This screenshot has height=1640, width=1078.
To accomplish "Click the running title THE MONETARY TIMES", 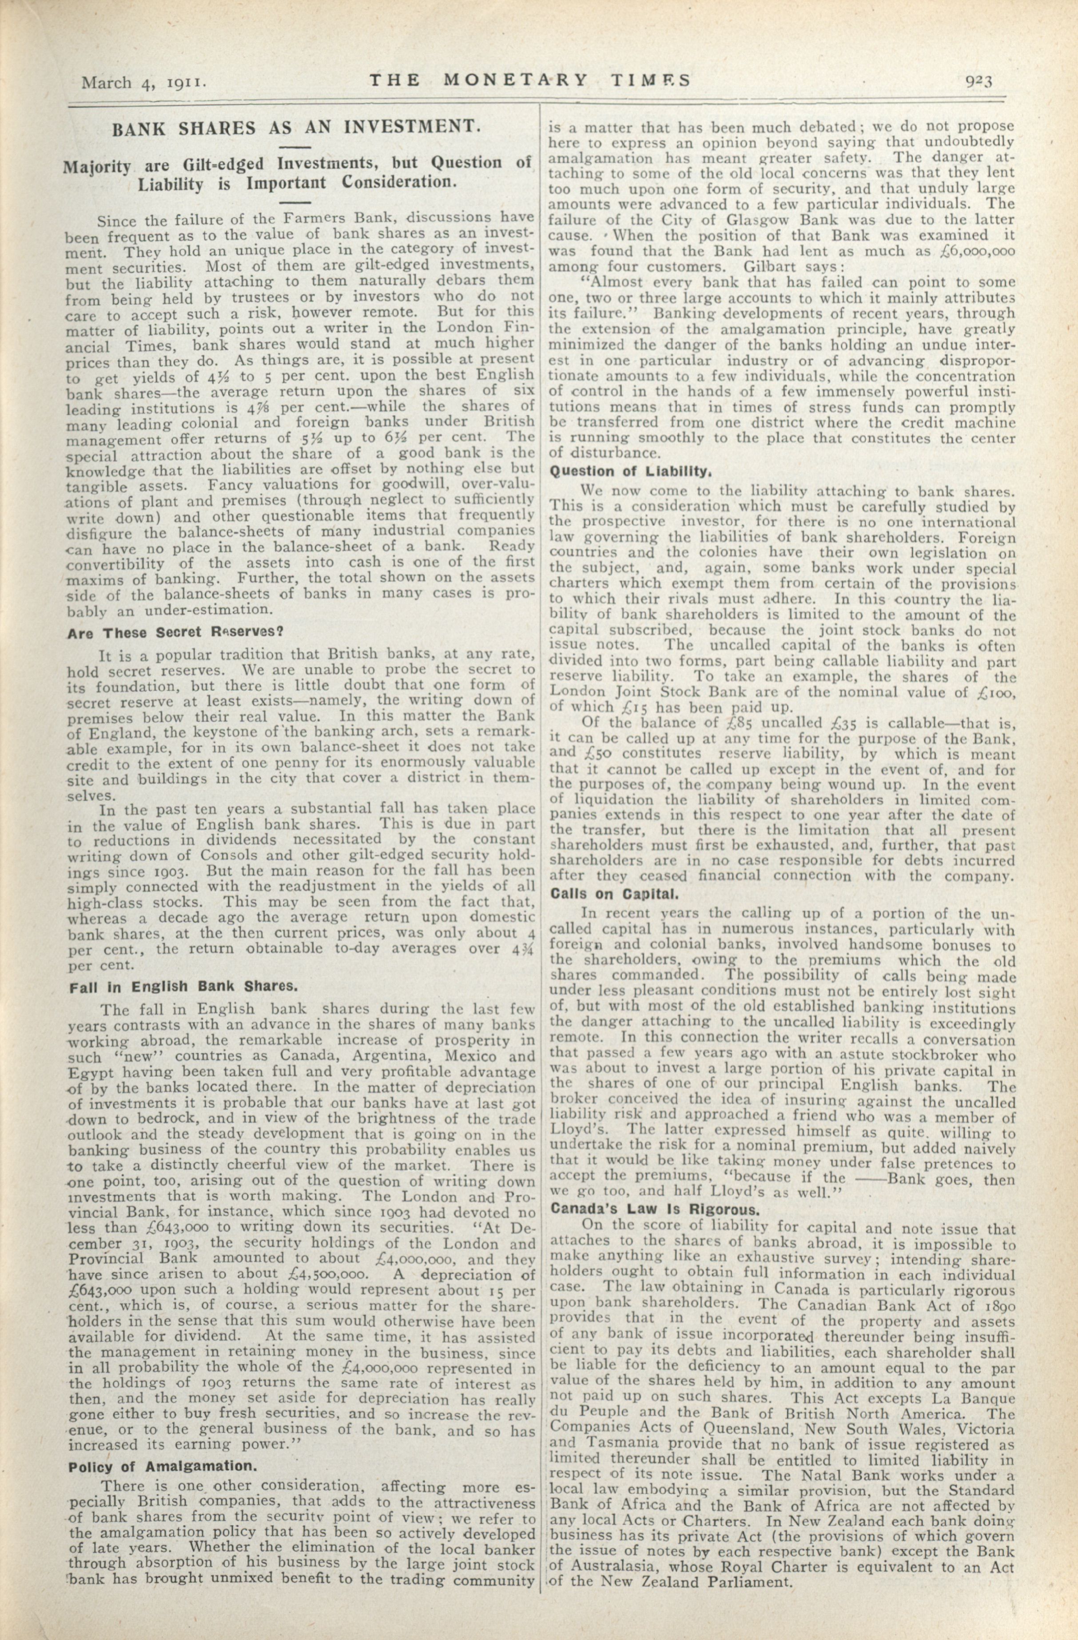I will point(529,80).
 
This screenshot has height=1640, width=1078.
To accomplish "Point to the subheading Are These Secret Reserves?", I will point(175,632).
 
